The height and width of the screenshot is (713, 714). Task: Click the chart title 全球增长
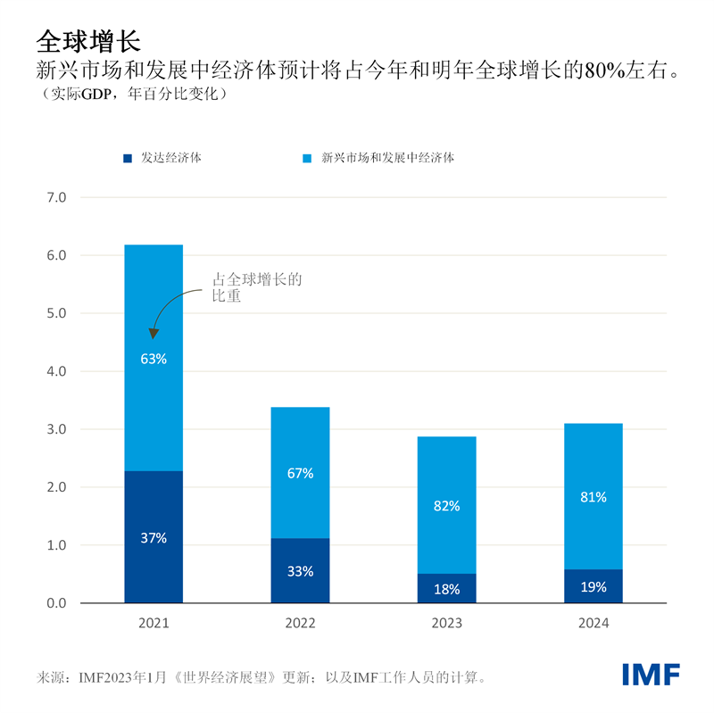[x=87, y=41]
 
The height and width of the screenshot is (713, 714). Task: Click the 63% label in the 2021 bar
[x=154, y=360]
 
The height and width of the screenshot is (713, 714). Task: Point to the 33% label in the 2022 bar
[x=300, y=571]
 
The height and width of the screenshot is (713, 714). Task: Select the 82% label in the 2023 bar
[x=446, y=506]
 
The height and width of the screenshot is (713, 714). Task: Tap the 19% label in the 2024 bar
[x=593, y=587]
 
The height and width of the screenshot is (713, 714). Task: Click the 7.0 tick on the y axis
[x=56, y=197]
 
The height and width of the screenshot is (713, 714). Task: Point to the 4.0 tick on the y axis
[x=56, y=371]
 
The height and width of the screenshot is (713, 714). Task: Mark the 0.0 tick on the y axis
[x=56, y=603]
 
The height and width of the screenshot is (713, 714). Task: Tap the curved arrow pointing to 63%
[x=165, y=308]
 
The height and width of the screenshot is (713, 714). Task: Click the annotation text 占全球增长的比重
[x=256, y=287]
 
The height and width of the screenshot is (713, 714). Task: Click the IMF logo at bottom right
[x=651, y=675]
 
